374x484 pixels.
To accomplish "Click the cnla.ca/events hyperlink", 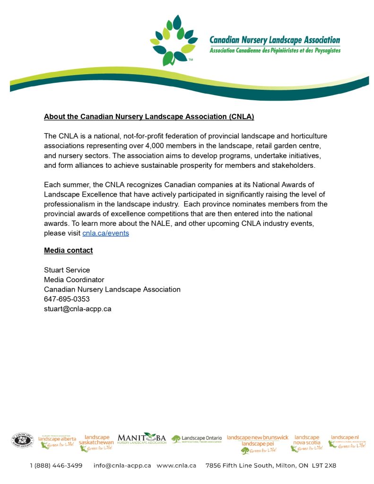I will (x=105, y=233).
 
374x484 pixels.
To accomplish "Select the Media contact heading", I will (x=68, y=251).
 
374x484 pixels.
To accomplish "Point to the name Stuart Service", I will (x=67, y=270).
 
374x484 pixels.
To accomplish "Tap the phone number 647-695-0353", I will (x=67, y=299).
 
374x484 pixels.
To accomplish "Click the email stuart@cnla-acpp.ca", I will (x=78, y=309).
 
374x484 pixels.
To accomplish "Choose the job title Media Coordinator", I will (x=74, y=280).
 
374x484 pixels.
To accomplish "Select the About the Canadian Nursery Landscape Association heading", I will (x=149, y=116).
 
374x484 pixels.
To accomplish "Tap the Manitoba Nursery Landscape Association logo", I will (x=141, y=439).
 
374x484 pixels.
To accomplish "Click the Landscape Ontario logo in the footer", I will (x=196, y=439).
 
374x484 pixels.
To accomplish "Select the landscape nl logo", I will (x=348, y=441).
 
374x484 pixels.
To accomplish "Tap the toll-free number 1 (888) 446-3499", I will (x=56, y=466).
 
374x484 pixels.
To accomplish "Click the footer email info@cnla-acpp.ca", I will (x=122, y=466).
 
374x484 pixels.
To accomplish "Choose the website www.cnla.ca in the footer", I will (x=176, y=466).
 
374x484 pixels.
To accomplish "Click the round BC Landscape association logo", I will (x=23, y=440).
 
